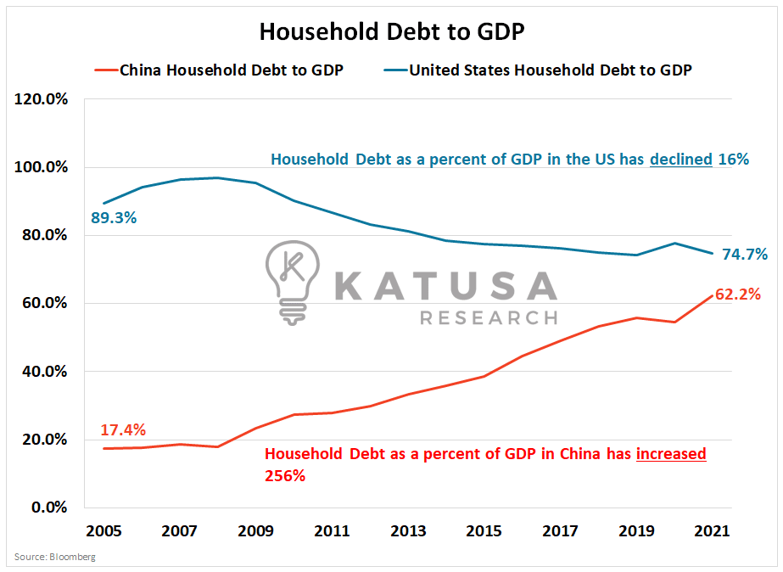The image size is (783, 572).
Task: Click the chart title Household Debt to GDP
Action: [x=391, y=31]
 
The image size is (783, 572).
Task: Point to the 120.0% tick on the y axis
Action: [x=42, y=99]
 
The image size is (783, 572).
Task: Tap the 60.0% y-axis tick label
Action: [x=45, y=303]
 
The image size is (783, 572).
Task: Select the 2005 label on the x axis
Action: [x=103, y=531]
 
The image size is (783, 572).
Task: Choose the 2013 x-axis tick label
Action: [x=408, y=531]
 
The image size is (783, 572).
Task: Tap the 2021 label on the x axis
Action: [x=713, y=531]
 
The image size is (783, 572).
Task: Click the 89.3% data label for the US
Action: [x=114, y=218]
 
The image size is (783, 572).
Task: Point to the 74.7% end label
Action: [x=745, y=254]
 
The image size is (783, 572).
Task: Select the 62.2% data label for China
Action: [x=737, y=295]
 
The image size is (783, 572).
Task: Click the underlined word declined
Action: [x=681, y=159]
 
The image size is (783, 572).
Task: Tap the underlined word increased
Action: [x=671, y=454]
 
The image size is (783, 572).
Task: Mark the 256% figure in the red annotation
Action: [x=285, y=476]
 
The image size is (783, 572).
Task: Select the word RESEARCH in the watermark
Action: [x=489, y=318]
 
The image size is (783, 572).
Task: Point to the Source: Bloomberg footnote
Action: [x=55, y=558]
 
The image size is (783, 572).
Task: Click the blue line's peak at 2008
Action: [x=218, y=177]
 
